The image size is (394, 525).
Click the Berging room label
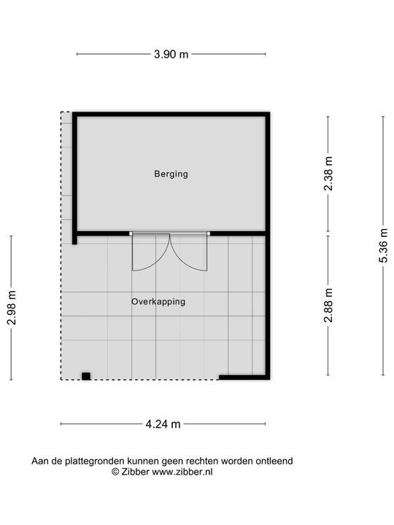pyautogui.click(x=171, y=174)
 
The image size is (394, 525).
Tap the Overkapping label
pyautogui.click(x=158, y=301)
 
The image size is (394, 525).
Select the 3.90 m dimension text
pyautogui.click(x=171, y=54)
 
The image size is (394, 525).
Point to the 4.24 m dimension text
pyautogui.click(x=163, y=424)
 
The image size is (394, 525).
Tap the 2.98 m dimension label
pyautogui.click(x=12, y=308)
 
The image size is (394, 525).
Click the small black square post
pyautogui.click(x=86, y=376)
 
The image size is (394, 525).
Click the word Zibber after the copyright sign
pyautogui.click(x=134, y=472)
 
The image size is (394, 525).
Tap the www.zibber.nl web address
pyautogui.click(x=182, y=472)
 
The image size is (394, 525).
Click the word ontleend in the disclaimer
pyautogui.click(x=272, y=461)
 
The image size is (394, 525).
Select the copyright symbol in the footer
pyautogui.click(x=115, y=472)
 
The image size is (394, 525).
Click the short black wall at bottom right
pyautogui.click(x=242, y=378)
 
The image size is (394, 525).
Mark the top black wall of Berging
pyautogui.click(x=171, y=114)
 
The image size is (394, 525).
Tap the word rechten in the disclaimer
pyautogui.click(x=206, y=461)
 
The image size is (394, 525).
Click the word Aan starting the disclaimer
pyautogui.click(x=40, y=461)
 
